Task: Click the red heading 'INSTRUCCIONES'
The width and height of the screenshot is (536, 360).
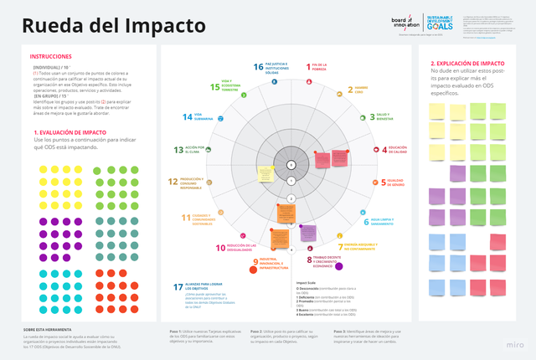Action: pyautogui.click(x=50, y=57)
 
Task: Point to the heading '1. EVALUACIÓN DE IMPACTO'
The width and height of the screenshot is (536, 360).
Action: pyautogui.click(x=70, y=132)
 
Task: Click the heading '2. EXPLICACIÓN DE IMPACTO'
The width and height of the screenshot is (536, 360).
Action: pyautogui.click(x=467, y=64)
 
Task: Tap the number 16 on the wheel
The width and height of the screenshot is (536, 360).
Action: pyautogui.click(x=258, y=67)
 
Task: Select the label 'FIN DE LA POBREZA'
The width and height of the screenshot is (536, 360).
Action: pyautogui.click(x=319, y=66)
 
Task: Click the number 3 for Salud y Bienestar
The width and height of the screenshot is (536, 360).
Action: pyautogui.click(x=371, y=117)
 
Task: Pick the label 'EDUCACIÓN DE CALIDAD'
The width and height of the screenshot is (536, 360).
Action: pyautogui.click(x=397, y=150)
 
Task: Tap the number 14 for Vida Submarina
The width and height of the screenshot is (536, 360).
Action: pyautogui.click(x=188, y=117)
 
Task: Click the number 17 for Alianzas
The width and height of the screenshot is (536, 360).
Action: pyautogui.click(x=178, y=287)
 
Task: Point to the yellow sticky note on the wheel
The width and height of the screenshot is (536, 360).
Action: pyautogui.click(x=265, y=174)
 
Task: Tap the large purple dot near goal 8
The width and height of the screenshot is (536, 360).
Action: pyautogui.click(x=339, y=267)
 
